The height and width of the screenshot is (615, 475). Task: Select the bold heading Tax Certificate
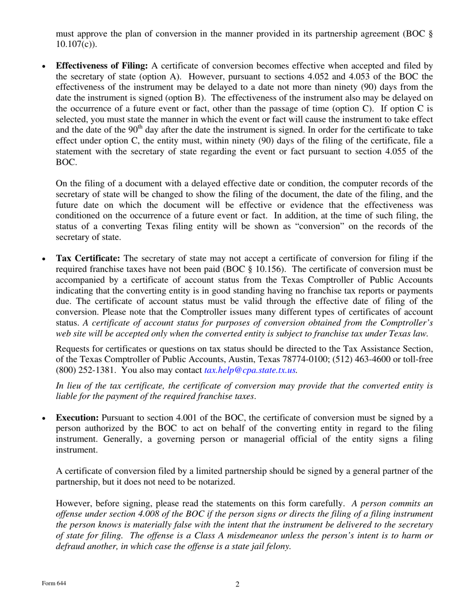coord(87,258)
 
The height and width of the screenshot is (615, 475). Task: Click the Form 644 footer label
coord(54,583)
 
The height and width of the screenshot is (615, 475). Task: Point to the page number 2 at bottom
coord(237,584)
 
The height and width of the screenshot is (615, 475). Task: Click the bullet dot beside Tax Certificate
coord(45,259)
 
